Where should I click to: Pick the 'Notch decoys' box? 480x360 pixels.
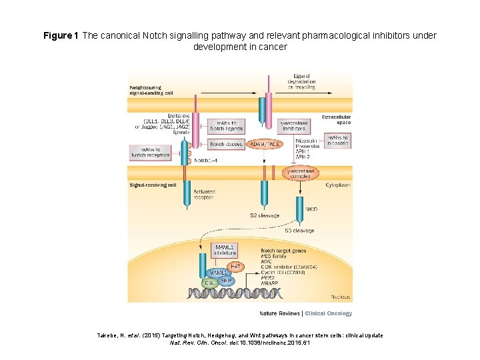(227, 144)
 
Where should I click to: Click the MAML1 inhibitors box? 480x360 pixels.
(224, 251)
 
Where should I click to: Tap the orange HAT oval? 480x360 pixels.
(235, 266)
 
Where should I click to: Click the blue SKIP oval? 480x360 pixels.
(227, 281)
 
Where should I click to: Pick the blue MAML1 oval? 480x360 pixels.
(216, 273)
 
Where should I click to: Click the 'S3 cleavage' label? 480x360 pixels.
(299, 231)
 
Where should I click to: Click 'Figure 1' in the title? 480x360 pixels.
(61, 35)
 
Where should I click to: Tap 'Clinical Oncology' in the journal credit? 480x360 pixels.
(329, 313)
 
